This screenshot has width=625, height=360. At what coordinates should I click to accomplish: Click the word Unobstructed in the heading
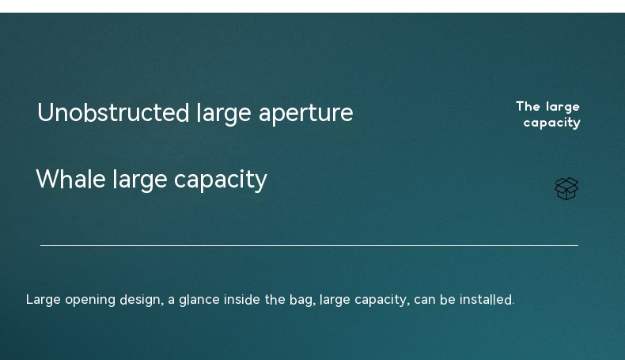pyautogui.click(x=113, y=112)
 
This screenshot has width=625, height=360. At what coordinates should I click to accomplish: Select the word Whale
pyautogui.click(x=70, y=179)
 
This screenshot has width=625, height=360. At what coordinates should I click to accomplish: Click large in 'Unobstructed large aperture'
pyautogui.click(x=224, y=114)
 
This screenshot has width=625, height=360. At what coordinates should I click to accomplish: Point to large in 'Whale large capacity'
pyautogui.click(x=140, y=180)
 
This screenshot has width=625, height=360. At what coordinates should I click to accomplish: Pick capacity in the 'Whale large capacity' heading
pyautogui.click(x=221, y=180)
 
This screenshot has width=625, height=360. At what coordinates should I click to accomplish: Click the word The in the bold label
pyautogui.click(x=528, y=107)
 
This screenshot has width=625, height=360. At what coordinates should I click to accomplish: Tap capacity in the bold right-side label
pyautogui.click(x=551, y=123)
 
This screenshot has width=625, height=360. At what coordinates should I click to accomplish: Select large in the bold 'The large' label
pyautogui.click(x=562, y=108)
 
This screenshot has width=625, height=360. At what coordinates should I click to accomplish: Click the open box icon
pyautogui.click(x=566, y=188)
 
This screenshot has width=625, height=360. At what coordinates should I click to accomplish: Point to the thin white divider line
pyautogui.click(x=309, y=245)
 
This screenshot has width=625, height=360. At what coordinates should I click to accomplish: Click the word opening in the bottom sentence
pyautogui.click(x=90, y=300)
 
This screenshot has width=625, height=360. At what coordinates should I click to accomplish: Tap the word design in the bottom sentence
pyautogui.click(x=140, y=300)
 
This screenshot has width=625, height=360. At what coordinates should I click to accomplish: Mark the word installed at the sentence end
pyautogui.click(x=486, y=299)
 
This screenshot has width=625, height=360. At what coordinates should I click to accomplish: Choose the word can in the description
pyautogui.click(x=425, y=300)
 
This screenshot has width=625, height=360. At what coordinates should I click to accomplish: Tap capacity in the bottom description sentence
pyautogui.click(x=381, y=300)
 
